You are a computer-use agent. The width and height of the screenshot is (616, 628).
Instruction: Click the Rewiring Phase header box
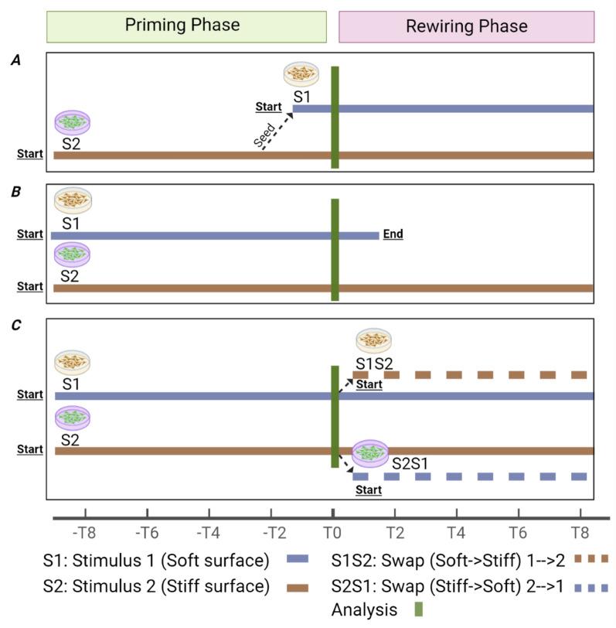[466, 26]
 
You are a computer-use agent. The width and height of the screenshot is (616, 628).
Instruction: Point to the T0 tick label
[332, 532]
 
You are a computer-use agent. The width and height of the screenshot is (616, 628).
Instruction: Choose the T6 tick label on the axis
[518, 532]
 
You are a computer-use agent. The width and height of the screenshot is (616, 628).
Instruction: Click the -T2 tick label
[271, 532]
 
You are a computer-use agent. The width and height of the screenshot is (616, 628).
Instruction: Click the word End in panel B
[393, 234]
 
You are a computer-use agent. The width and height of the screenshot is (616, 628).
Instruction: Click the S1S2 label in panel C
[375, 363]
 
